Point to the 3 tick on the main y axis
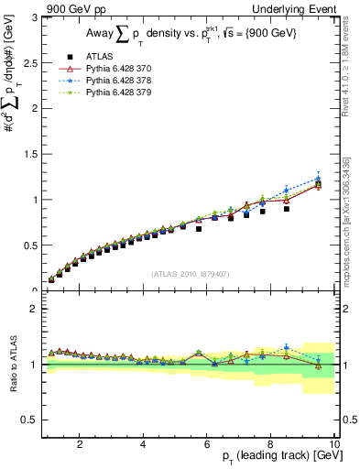pos(34,17)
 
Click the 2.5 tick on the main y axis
pos(30,63)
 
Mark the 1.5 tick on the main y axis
pos(30,154)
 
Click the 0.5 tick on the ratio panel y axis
pos(30,420)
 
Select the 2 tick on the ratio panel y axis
pos(34,309)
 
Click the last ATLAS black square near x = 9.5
pos(318,186)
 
